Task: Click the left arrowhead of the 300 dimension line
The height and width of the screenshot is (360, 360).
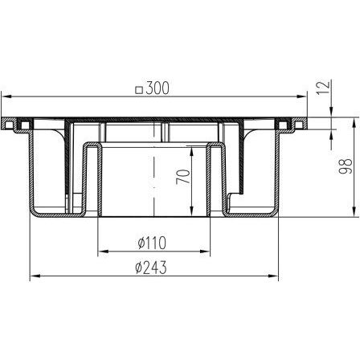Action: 10,96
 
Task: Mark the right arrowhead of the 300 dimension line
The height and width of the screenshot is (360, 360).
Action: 307,96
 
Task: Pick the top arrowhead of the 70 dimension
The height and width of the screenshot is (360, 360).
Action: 193,149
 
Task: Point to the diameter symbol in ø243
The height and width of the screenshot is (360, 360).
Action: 138,268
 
